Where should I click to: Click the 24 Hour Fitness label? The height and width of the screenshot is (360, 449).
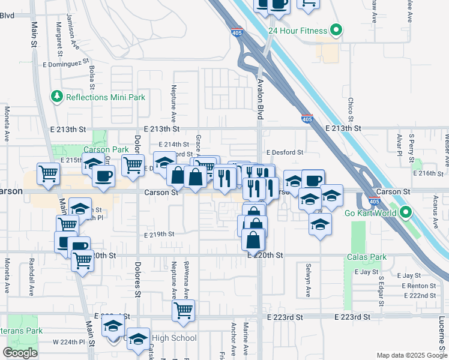(x=297, y=31)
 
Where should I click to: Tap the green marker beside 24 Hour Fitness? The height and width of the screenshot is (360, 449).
(x=337, y=30)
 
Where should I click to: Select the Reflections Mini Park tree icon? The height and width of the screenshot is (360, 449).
(x=57, y=97)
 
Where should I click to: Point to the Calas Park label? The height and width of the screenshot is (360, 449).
(x=366, y=257)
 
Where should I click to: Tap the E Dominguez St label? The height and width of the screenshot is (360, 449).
(x=65, y=61)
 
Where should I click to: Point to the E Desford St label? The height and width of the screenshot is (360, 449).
(x=285, y=152)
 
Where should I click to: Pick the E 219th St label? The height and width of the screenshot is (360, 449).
(x=159, y=234)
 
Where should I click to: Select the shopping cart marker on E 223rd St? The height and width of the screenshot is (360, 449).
(x=183, y=311)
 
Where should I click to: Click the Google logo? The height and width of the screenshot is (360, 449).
(x=20, y=353)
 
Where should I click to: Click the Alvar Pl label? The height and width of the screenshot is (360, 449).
(x=399, y=144)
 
